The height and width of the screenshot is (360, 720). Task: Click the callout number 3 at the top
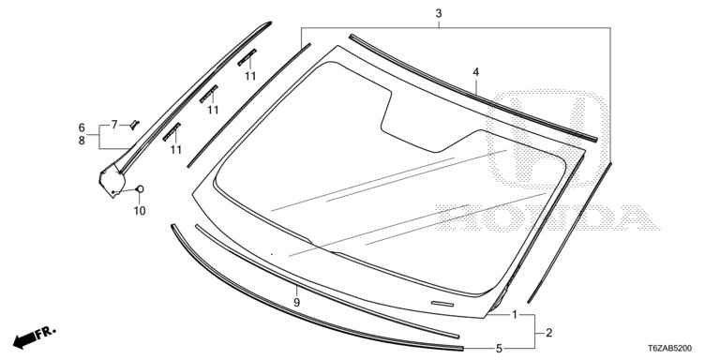click(x=439, y=13)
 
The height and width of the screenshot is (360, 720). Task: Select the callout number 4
click(x=475, y=72)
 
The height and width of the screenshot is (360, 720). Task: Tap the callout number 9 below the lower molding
click(x=296, y=303)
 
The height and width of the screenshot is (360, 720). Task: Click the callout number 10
click(x=140, y=211)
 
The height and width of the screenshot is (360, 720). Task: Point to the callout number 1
click(x=515, y=315)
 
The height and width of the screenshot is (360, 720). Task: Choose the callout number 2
click(x=548, y=333)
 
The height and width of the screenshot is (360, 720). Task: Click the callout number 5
click(x=499, y=349)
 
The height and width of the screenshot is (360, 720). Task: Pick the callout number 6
click(x=82, y=127)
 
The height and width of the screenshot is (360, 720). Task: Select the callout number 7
click(x=114, y=124)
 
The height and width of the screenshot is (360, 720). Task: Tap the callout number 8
click(x=82, y=141)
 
